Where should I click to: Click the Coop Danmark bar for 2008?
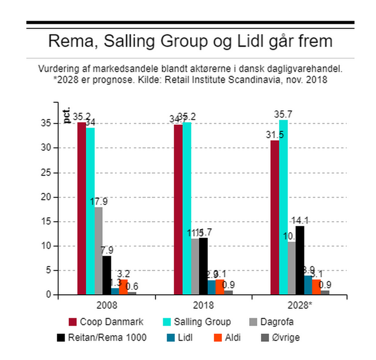point(81,208)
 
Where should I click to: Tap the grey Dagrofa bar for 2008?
point(99,251)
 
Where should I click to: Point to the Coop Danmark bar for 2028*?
point(275,217)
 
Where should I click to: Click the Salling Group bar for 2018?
point(187,208)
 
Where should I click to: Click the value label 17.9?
point(99,202)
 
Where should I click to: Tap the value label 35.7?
point(284,115)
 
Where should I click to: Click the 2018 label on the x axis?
point(203,305)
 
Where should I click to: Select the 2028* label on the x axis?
point(300,305)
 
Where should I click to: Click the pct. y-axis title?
point(67,115)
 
